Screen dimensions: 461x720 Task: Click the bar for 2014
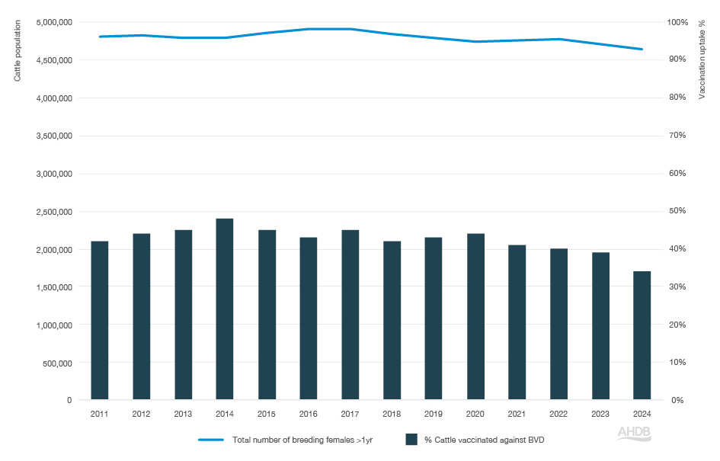click(225, 309)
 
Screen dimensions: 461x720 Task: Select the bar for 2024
click(642, 335)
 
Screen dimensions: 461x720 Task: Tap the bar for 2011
click(100, 320)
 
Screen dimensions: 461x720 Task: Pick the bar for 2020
click(475, 316)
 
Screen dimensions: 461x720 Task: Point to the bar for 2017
click(350, 314)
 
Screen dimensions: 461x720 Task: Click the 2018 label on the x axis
click(392, 414)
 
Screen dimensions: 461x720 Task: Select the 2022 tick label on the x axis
click(558, 414)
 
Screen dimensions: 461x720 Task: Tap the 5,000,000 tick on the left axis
click(54, 22)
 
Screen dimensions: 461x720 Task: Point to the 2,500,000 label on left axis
click(54, 211)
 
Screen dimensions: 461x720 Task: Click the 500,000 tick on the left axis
click(57, 363)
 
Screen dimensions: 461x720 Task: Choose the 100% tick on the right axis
click(678, 22)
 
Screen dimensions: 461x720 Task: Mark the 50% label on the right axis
click(678, 211)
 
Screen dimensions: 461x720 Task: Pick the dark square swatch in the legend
click(411, 440)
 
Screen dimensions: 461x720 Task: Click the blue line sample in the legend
click(211, 440)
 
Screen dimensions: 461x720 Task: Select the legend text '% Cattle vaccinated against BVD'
click(484, 440)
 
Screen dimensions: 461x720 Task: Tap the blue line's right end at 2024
click(642, 50)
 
